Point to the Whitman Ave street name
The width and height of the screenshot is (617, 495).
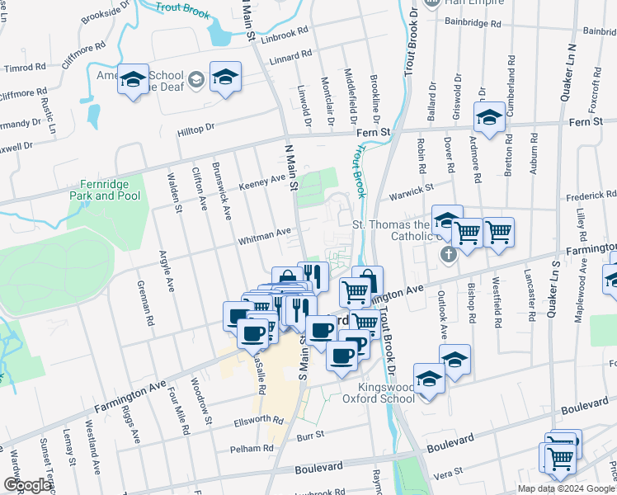pos(265,237)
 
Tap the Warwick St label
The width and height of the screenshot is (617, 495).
pos(412,191)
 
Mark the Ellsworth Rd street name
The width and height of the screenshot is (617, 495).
pos(259,420)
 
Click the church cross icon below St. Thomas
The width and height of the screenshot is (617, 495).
pos(448,254)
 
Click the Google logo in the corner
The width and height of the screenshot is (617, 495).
pos(26,485)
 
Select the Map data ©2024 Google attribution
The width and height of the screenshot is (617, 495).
pos(567,488)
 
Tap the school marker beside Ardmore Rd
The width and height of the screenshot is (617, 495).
pos(489,117)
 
